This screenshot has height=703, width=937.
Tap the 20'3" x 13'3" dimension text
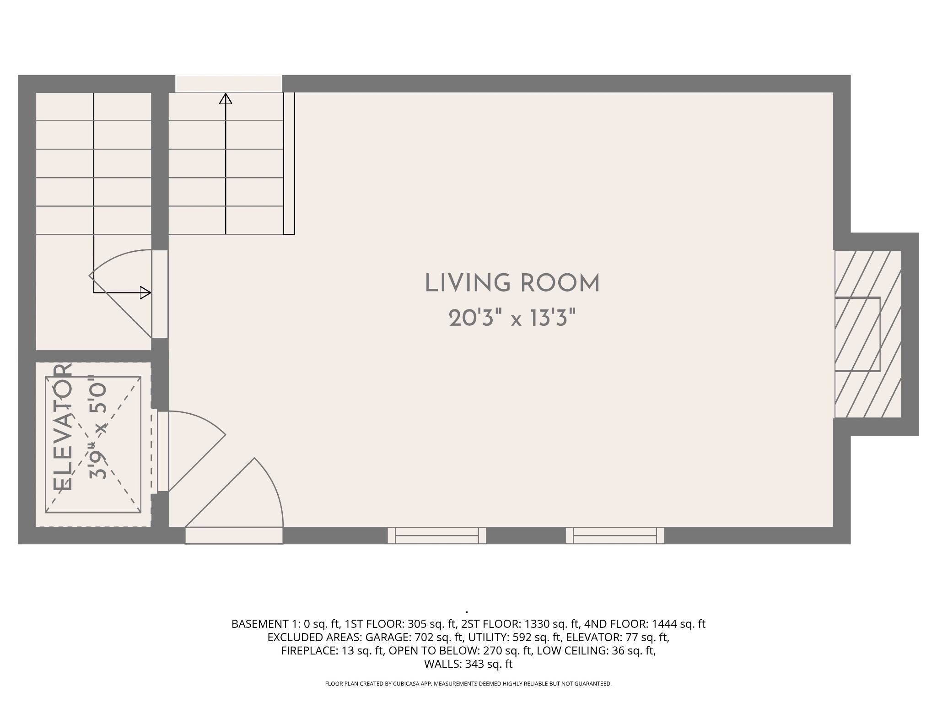[512, 318]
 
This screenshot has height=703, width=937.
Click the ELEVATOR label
[63, 427]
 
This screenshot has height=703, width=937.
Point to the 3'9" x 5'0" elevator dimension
[97, 427]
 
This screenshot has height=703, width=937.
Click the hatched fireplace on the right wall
[868, 334]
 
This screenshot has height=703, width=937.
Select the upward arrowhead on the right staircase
[226, 98]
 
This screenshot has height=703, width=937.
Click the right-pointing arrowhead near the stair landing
[145, 292]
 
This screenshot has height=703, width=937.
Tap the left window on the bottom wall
[436, 535]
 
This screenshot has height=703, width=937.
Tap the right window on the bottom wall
[615, 535]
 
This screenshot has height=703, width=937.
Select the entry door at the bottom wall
[234, 535]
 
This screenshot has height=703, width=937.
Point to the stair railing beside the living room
[289, 163]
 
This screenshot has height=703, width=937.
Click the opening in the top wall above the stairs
[229, 84]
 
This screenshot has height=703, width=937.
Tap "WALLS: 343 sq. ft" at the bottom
[468, 664]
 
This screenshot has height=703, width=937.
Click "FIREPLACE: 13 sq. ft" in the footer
[332, 651]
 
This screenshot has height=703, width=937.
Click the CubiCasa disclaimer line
[468, 684]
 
